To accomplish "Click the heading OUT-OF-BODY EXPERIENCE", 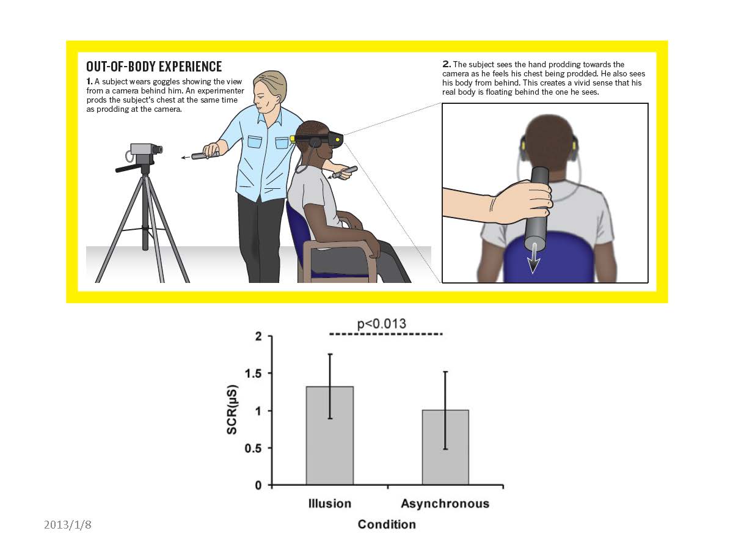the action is (x=154, y=67).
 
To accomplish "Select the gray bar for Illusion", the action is (x=330, y=436).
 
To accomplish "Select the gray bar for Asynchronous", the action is (x=445, y=447).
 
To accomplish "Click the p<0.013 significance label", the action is (x=381, y=324).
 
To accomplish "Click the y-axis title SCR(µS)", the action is (x=232, y=409).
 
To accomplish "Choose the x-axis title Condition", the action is (x=387, y=524).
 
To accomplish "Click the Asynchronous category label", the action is (x=445, y=504).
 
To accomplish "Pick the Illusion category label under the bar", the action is (x=330, y=504).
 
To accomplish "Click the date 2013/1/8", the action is (x=67, y=525).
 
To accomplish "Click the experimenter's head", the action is (x=269, y=92).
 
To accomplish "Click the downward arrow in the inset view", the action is (x=533, y=258).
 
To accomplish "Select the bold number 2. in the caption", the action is (x=447, y=64).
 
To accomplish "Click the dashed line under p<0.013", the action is (x=385, y=334).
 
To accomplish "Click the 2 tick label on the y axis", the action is (x=259, y=336).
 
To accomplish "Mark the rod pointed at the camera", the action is (x=205, y=155).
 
